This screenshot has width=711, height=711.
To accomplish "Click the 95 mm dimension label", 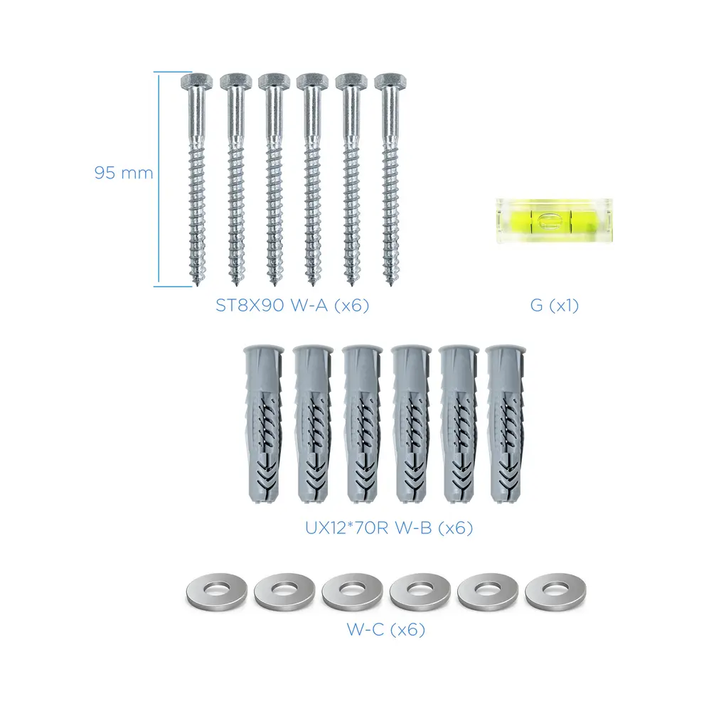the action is click(x=123, y=173).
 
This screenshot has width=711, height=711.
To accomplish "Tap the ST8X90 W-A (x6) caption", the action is click(x=292, y=305).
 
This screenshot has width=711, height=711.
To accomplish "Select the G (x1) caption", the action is click(x=554, y=305).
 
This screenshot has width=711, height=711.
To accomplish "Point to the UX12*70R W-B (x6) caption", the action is click(x=389, y=528).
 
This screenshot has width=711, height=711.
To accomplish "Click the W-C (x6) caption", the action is click(x=386, y=629).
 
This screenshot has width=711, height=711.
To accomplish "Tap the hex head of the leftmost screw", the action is click(x=196, y=82).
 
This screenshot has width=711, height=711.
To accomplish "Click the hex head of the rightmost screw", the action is click(x=390, y=82).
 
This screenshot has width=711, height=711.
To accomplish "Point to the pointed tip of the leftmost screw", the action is click(x=198, y=286).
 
